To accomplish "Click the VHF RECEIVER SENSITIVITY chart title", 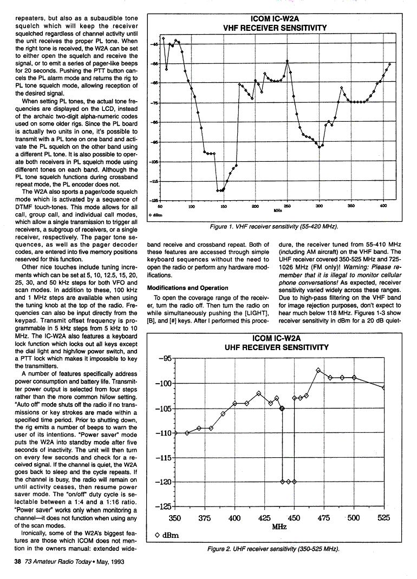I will [x=275, y=28].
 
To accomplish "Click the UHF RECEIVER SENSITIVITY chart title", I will [x=276, y=347].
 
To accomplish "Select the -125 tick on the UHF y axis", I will [x=164, y=506].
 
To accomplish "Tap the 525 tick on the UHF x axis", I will [x=384, y=518].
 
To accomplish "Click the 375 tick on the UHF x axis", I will [x=205, y=518].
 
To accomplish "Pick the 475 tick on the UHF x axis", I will [x=324, y=518].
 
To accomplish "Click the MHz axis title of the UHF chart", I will [x=279, y=526].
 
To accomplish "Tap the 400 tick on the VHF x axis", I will [x=383, y=207].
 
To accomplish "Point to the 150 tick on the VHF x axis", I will [x=223, y=207].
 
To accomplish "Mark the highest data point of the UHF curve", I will [x=318, y=370].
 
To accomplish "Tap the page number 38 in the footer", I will [x=17, y=561].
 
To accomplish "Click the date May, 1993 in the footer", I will [x=112, y=561].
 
